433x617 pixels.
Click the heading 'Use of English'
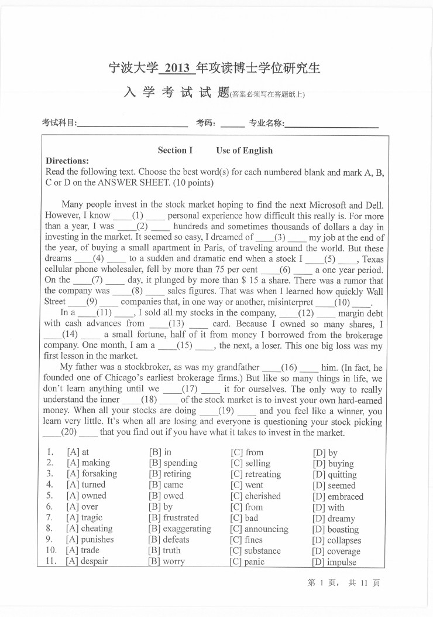click(244, 151)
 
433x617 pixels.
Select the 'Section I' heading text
click(175, 151)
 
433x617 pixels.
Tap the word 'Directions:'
click(67, 161)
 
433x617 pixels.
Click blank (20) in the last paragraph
click(70, 432)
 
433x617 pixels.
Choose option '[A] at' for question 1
click(78, 452)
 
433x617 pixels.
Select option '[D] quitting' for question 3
click(334, 475)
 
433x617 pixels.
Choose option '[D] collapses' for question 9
click(336, 540)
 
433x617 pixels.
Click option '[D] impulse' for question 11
click(334, 562)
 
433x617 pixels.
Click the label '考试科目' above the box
click(59, 123)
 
